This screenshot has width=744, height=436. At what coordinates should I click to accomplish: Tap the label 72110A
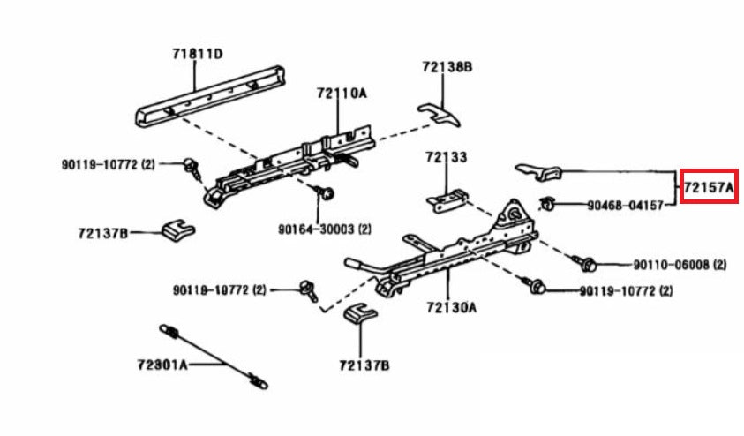click(x=342, y=92)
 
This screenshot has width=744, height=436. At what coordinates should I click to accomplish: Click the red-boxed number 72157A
click(x=709, y=188)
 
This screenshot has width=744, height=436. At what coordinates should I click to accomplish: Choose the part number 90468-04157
click(x=625, y=205)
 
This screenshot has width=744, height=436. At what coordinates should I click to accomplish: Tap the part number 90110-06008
click(x=667, y=264)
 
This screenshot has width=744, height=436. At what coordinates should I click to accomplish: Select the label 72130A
click(x=450, y=307)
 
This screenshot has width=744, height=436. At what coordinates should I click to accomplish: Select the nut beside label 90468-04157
click(x=547, y=205)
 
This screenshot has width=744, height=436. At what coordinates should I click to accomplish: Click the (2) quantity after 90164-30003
click(x=364, y=228)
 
